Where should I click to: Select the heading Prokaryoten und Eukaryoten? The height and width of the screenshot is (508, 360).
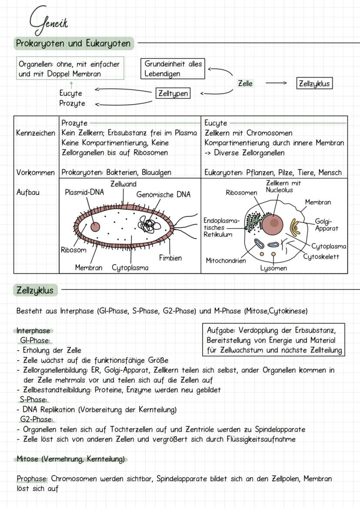pos(73,43)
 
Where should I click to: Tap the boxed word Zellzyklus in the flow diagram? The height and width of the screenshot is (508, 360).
pos(314,83)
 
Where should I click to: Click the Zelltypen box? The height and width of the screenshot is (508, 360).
pos(173,93)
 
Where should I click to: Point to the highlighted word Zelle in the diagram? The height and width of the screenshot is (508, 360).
pos(245,83)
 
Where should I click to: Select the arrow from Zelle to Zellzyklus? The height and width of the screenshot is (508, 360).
pos(276,83)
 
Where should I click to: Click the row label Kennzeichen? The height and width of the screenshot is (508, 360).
pos(36,133)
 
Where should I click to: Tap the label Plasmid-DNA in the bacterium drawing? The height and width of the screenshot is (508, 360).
pos(84,192)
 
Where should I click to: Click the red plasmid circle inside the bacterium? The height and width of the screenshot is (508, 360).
pos(94,226)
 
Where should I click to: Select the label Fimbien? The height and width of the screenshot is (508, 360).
pos(170,258)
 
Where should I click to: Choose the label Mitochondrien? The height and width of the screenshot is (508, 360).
pos(226,261)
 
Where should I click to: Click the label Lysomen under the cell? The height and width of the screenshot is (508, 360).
pos(273,268)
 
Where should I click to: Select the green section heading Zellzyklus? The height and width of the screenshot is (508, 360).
pos(35,290)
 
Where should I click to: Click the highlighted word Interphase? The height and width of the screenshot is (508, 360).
pos(33,331)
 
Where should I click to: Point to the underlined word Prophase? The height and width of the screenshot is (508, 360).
pos(32,478)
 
